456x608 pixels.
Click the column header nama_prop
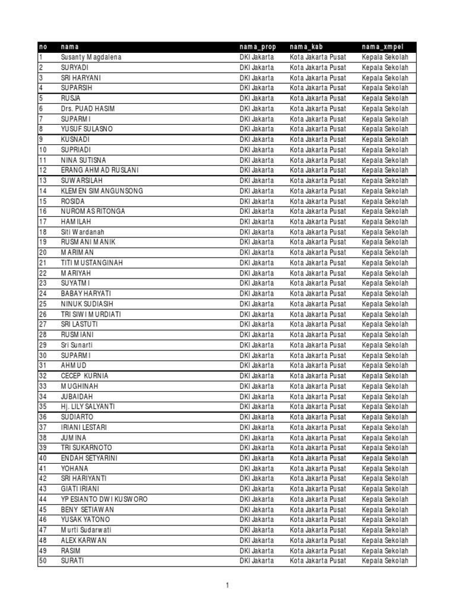tap(258, 47)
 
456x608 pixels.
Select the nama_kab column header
tap(306, 47)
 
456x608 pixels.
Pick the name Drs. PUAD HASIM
tap(88, 109)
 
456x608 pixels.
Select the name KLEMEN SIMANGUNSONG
tap(102, 191)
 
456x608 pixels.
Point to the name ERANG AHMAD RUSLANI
tap(99, 170)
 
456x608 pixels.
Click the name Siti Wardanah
tap(84, 232)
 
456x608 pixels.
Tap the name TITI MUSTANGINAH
tap(91, 263)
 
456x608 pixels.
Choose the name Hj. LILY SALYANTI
tap(88, 407)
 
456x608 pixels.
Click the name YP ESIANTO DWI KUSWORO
tap(104, 499)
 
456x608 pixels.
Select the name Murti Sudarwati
tap(86, 530)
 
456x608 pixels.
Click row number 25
tap(43, 304)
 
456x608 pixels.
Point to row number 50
tap(43, 561)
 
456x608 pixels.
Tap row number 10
tap(43, 150)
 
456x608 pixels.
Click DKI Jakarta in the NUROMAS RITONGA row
tap(257, 211)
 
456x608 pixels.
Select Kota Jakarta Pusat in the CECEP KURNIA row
tap(318, 376)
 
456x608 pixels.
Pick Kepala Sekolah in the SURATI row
tap(385, 561)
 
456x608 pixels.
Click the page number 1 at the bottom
tap(227, 585)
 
